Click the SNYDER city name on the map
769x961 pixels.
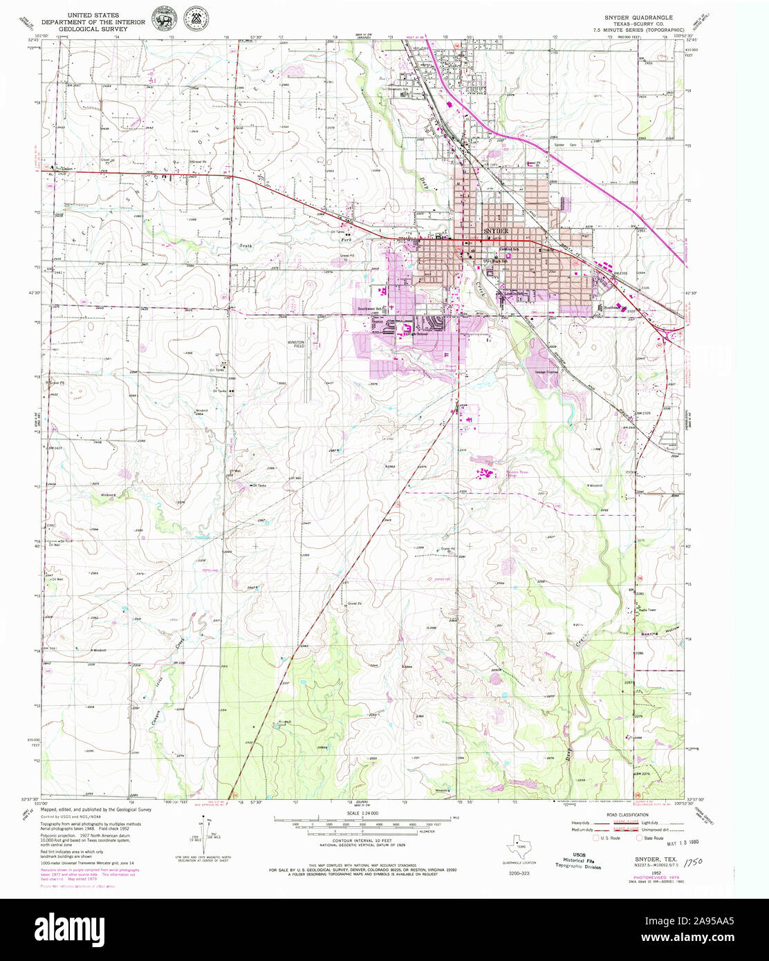(496, 230)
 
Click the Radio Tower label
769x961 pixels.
(647, 609)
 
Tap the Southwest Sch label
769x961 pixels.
(370, 308)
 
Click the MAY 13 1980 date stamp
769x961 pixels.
(661, 844)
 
